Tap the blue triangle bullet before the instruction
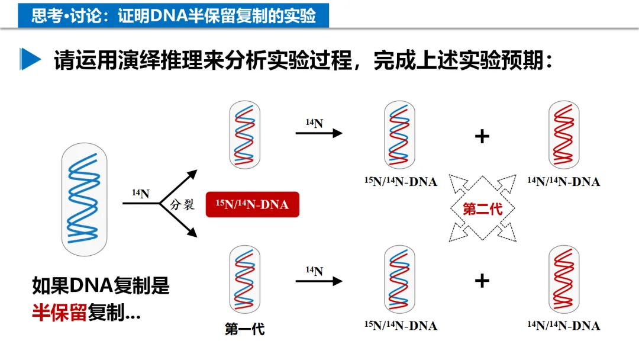click(x=30, y=59)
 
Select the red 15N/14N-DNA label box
click(x=252, y=205)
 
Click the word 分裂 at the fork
click(x=182, y=205)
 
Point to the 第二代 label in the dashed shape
click(x=482, y=208)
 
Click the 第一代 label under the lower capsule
click(x=244, y=329)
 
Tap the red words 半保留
click(x=59, y=313)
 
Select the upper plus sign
click(x=482, y=137)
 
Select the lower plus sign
click(x=482, y=280)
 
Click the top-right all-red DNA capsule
click(x=563, y=134)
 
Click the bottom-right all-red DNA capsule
click(x=563, y=279)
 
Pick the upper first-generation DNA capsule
click(x=244, y=134)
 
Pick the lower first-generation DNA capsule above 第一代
click(x=244, y=279)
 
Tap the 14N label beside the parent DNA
click(x=140, y=194)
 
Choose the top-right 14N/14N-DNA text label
click(x=563, y=181)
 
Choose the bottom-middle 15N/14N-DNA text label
click(x=400, y=326)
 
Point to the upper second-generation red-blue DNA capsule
click(x=400, y=134)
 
